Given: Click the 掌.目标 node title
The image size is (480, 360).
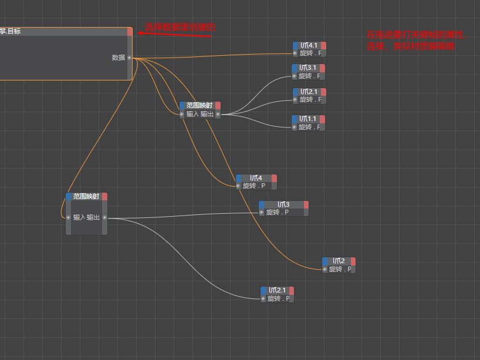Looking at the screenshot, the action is [x=11, y=31].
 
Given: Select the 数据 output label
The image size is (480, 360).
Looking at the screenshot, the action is [x=118, y=58].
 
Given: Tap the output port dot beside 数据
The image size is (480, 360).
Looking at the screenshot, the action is [x=129, y=58].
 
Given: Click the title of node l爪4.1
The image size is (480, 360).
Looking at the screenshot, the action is [x=309, y=45].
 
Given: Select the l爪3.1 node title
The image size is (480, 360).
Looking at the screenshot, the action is [x=307, y=68].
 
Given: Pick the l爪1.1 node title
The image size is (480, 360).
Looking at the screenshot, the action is [x=308, y=119].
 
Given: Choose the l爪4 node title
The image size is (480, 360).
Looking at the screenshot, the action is [x=256, y=178].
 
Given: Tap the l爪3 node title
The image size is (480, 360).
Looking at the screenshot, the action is [x=283, y=204].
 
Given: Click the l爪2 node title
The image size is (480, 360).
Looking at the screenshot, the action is [x=339, y=261].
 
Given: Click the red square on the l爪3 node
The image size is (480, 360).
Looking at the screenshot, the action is [x=306, y=204].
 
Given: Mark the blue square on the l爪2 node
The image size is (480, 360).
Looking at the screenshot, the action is [x=325, y=261].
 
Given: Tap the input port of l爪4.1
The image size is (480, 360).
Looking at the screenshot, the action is [x=295, y=53].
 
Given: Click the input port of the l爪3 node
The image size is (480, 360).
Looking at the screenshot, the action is [x=261, y=212].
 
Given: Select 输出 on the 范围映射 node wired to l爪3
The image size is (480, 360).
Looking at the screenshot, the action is [x=94, y=217].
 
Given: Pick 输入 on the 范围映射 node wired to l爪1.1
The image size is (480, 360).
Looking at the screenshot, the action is [x=192, y=114].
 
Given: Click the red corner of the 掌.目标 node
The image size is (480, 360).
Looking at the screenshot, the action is [x=130, y=31].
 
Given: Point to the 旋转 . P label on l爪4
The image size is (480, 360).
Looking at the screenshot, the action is [x=254, y=186].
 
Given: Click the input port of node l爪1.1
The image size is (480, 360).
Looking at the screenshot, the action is [x=294, y=126].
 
